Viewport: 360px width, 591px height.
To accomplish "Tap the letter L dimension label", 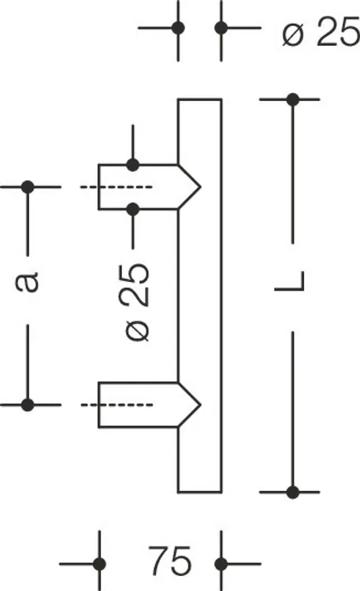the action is pyautogui.click(x=290, y=281).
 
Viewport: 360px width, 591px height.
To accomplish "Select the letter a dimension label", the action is pyautogui.click(x=27, y=281).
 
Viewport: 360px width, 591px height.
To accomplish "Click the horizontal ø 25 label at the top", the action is pyautogui.click(x=321, y=32).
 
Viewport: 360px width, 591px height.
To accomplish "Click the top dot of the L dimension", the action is pyautogui.click(x=293, y=99).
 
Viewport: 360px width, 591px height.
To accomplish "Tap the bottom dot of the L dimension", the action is pyautogui.click(x=293, y=492).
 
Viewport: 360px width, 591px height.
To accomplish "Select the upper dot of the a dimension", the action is pyautogui.click(x=28, y=187).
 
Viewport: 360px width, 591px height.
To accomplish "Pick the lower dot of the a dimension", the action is pyautogui.click(x=28, y=405).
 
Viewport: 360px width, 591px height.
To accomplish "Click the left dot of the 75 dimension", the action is pyautogui.click(x=99, y=564).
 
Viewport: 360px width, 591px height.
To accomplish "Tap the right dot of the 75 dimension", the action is pyautogui.click(x=221, y=564).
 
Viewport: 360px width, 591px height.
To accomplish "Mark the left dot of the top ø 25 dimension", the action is pyautogui.click(x=178, y=28).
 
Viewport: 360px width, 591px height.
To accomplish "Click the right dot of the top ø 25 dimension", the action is pyautogui.click(x=221, y=28).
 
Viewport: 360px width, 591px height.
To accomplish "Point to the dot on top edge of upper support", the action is pyautogui.click(x=132, y=165).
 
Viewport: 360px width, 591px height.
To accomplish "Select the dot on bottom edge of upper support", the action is pyautogui.click(x=132, y=209).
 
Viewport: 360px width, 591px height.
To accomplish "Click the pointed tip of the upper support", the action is pyautogui.click(x=200, y=187).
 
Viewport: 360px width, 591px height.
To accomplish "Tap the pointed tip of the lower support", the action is pyautogui.click(x=200, y=405).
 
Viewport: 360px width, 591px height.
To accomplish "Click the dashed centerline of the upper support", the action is pyautogui.click(x=117, y=187).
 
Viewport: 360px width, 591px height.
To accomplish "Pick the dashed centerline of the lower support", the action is pyautogui.click(x=117, y=405).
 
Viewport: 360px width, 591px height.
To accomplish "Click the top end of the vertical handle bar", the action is pyautogui.click(x=199, y=100).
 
